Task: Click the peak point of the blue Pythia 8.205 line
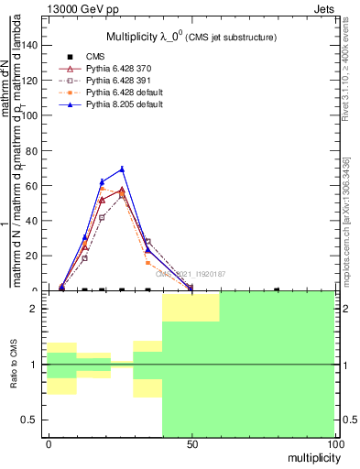pos(122,169)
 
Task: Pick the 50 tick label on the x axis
pos(191,444)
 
